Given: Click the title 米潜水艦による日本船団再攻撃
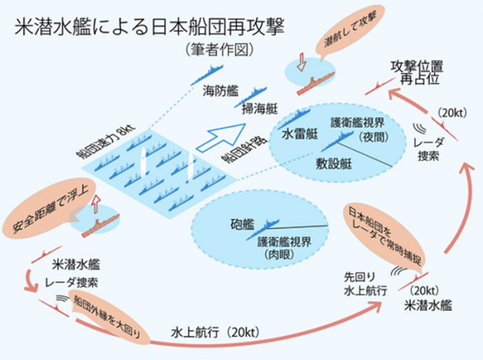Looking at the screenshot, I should (148, 28).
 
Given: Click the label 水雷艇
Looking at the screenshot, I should (299, 135).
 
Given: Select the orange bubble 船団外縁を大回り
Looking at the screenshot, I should (107, 317).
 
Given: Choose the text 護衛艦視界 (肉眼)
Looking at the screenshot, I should (281, 248).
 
